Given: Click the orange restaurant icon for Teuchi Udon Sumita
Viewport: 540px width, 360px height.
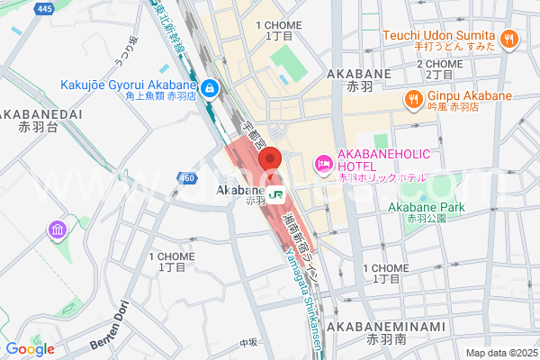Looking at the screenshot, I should coord(509,39).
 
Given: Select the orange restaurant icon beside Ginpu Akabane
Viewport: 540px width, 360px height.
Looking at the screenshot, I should coord(414,97).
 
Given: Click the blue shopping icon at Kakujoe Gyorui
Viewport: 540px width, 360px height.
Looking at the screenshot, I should coord(210,88).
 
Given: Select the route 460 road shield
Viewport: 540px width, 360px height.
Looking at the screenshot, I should coord(186,178).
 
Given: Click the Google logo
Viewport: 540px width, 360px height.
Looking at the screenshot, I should coord(30,349).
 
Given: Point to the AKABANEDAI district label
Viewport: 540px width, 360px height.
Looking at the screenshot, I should coord(40,114).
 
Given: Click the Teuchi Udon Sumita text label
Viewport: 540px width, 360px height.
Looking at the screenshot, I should coord(439,34).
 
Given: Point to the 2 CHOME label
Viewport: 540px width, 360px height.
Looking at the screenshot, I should coord(440,65).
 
